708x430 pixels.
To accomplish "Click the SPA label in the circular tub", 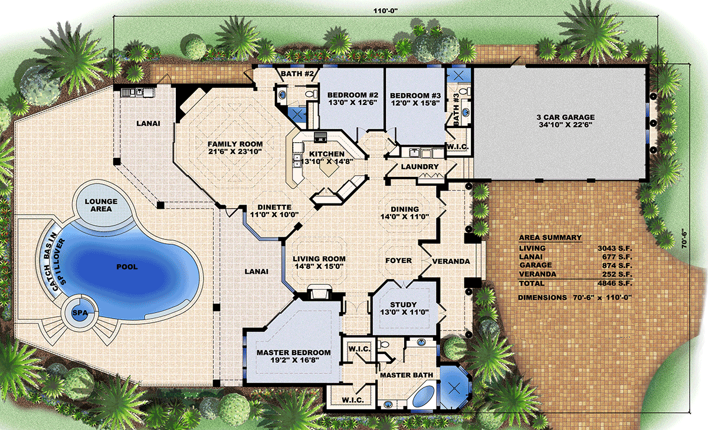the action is (x=80, y=313).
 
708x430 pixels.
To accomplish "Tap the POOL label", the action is (x=127, y=267).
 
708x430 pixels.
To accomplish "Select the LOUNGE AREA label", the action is (x=101, y=205).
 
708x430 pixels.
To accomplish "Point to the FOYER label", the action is (x=399, y=261).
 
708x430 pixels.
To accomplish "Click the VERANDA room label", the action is (x=451, y=261).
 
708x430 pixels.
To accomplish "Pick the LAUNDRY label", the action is (x=419, y=166).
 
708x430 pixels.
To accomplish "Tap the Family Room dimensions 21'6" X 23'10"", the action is (x=235, y=152).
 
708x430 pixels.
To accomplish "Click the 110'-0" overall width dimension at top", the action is (x=386, y=11).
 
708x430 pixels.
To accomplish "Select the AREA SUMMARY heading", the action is (x=550, y=238).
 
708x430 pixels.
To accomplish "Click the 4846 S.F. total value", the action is (x=615, y=283).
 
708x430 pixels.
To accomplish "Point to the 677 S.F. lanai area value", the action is (x=617, y=257).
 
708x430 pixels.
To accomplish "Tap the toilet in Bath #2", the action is (x=312, y=94).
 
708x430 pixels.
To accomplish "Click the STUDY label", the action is (x=404, y=304).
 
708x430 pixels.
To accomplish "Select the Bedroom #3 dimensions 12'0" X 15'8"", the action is (x=415, y=103).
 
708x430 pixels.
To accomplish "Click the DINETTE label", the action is (x=274, y=207).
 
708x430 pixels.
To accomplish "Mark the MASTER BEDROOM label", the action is (x=294, y=353).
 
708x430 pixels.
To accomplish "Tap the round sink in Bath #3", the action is (x=466, y=111).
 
